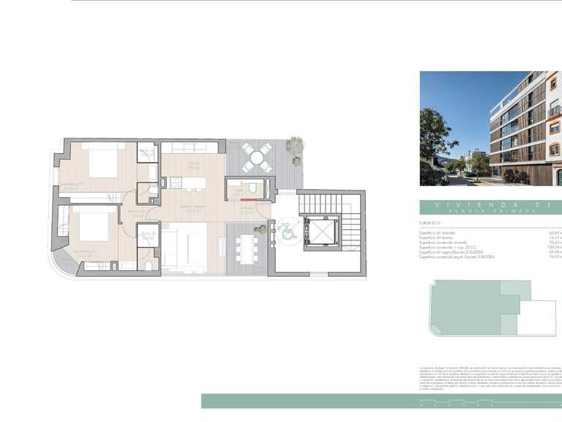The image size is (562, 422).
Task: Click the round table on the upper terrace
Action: (x=256, y=156)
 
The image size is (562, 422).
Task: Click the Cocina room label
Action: (x=193, y=163)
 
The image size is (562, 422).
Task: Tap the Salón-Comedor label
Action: (x=193, y=207)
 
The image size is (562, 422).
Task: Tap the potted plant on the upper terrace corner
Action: (x=295, y=144)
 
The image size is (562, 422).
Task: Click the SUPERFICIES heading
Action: (x=430, y=222)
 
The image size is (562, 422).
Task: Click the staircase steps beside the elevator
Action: (x=351, y=220)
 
